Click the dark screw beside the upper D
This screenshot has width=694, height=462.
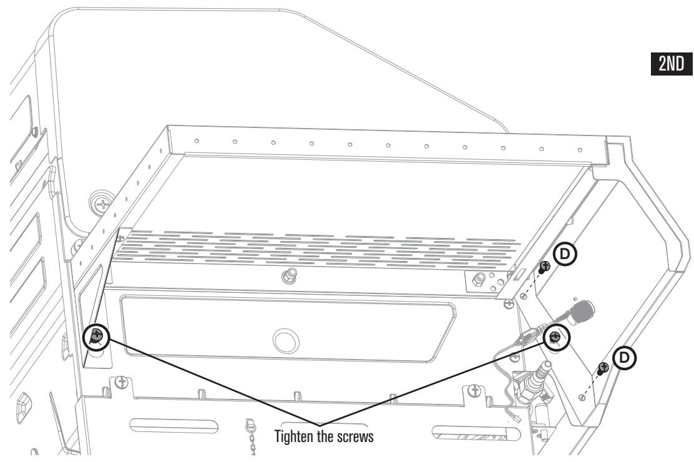click(x=544, y=268)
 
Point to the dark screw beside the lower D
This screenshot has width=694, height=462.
click(x=603, y=368)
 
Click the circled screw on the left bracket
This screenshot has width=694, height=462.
click(x=96, y=336)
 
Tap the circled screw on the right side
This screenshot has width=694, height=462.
click(x=555, y=338)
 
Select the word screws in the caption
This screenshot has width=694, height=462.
click(x=358, y=438)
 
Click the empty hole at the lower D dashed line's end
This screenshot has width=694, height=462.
click(x=582, y=397)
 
